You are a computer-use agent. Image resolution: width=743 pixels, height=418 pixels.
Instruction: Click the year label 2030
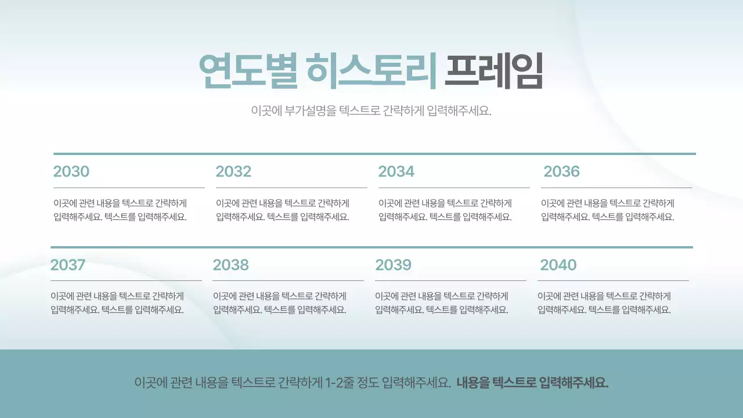tap(71, 172)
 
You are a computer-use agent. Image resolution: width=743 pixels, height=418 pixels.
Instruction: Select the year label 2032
tap(233, 172)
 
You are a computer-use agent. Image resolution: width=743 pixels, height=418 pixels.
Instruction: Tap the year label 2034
tap(396, 172)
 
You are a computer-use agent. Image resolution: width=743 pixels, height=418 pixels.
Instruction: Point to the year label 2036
tap(561, 172)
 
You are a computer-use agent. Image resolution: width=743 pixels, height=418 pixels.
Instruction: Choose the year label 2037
tap(68, 265)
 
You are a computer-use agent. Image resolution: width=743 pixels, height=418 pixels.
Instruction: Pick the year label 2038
tap(230, 265)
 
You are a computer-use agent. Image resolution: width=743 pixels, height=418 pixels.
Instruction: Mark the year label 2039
tap(393, 265)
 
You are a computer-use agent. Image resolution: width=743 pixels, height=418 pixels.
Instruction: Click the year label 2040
tap(558, 265)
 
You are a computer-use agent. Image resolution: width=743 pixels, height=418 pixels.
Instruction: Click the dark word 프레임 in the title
tap(493, 71)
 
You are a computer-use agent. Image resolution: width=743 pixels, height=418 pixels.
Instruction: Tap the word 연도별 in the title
tap(247, 71)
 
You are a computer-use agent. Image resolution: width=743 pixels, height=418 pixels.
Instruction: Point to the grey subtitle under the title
tap(371, 111)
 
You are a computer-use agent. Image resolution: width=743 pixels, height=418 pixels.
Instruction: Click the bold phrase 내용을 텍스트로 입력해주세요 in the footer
tap(532, 383)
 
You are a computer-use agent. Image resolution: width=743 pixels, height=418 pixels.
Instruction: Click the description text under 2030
tap(120, 210)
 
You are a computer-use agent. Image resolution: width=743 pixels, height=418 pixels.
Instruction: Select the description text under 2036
tap(608, 210)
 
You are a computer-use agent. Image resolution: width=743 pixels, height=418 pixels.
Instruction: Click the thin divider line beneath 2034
tap(454, 188)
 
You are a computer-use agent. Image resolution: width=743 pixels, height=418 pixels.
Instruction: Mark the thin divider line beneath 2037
tap(126, 280)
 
